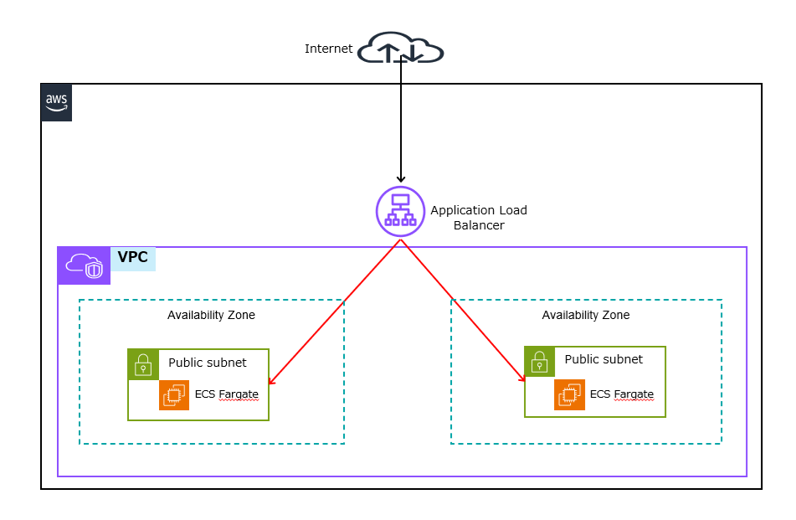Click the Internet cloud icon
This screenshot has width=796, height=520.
400,49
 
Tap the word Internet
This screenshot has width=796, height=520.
328,49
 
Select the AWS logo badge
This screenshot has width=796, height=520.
57,103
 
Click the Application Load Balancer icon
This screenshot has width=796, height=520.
400,210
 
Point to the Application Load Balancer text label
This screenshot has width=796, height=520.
479,218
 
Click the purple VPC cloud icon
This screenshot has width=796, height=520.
84,265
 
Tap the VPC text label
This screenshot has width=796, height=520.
132,258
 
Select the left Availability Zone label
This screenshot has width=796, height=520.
211,315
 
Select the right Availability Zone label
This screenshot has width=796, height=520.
585,315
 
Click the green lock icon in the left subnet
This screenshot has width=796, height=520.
143,364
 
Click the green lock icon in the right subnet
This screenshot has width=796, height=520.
540,362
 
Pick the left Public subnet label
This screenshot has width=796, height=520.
208,363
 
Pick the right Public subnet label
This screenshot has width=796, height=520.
603,359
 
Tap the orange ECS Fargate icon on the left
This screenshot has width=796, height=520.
174,395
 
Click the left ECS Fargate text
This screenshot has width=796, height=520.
226,394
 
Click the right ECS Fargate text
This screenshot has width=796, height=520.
621,394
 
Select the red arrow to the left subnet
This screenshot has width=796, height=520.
335,312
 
